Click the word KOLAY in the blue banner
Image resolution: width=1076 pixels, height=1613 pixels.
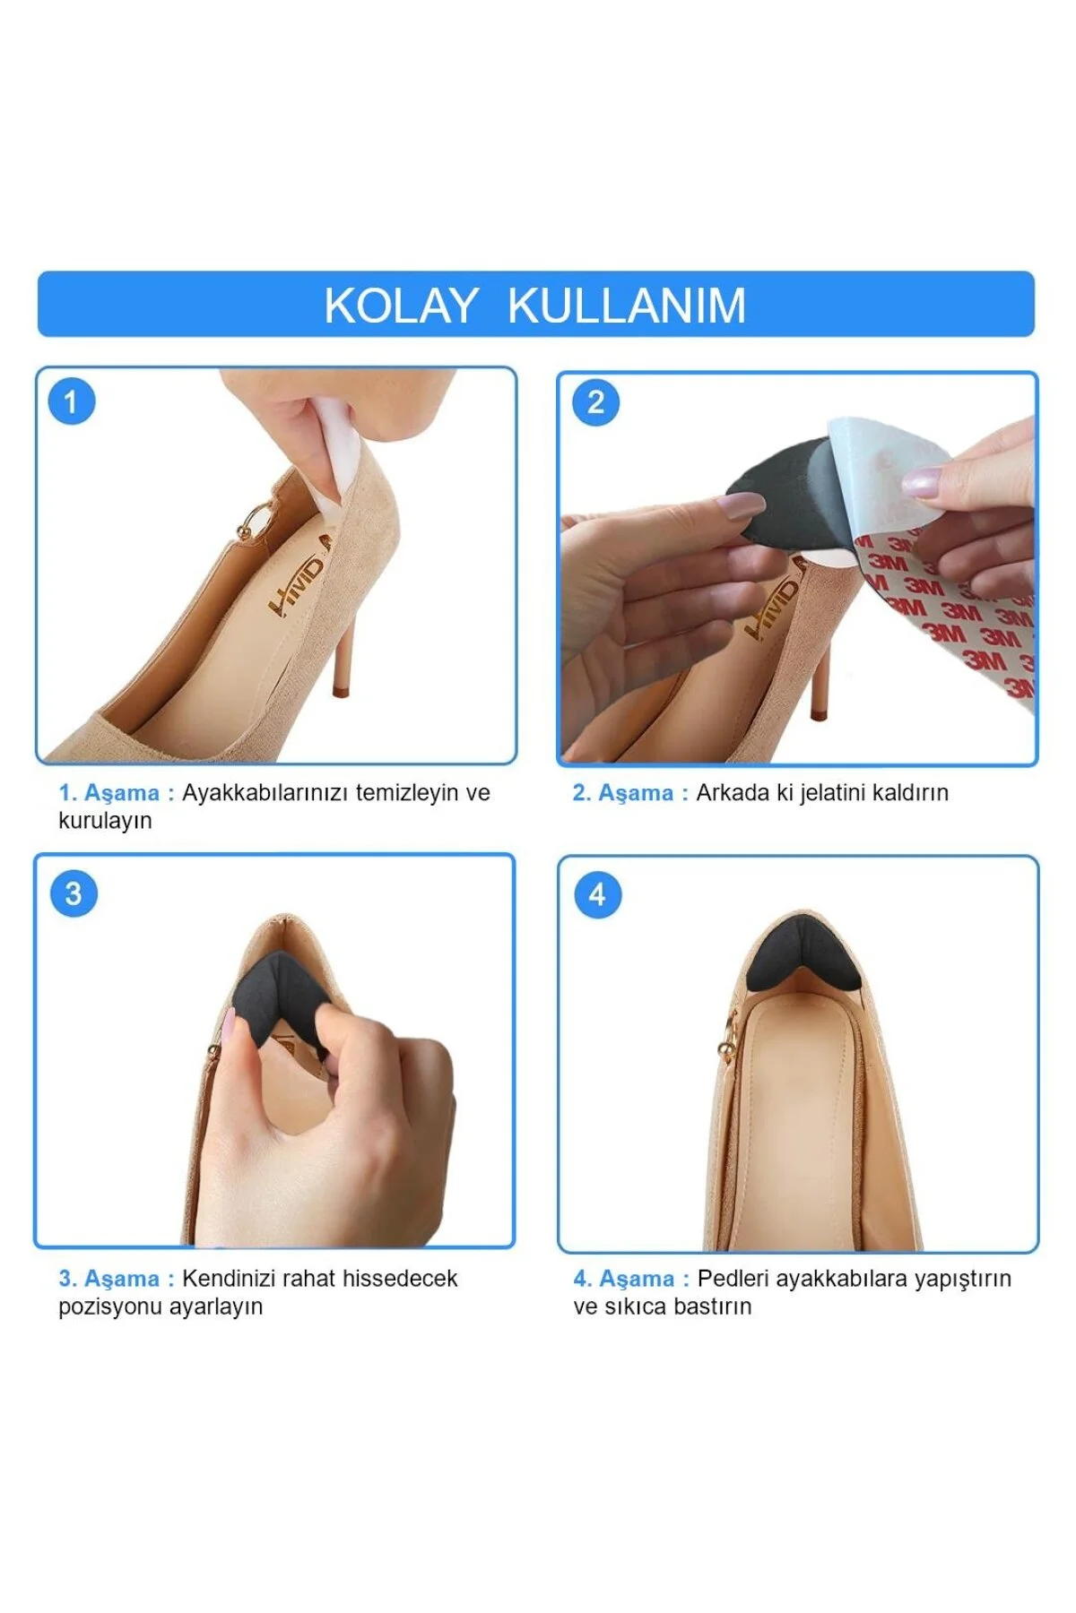tap(400, 306)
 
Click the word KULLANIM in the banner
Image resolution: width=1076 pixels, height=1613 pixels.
tap(627, 306)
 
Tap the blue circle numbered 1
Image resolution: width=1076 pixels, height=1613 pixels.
tap(72, 401)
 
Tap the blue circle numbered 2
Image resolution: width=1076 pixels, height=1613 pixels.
tap(595, 402)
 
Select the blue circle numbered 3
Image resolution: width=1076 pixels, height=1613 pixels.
tap(74, 893)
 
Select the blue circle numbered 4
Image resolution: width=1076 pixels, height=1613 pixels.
tap(597, 894)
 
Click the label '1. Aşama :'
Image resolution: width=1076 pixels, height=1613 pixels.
tap(117, 793)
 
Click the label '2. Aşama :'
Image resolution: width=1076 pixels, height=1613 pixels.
tap(630, 793)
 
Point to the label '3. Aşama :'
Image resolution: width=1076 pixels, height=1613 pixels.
tap(117, 1279)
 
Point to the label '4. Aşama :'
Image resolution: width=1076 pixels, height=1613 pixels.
tap(631, 1279)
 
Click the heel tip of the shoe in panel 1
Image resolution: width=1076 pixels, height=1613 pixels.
tap(340, 691)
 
